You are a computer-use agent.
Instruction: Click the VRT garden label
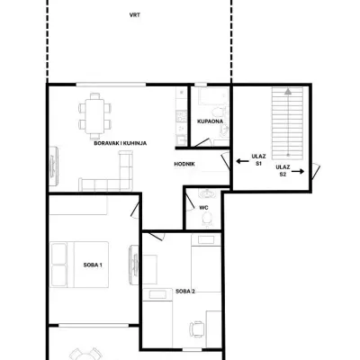coord(135,15)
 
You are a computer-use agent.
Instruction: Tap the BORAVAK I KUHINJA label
coord(121,143)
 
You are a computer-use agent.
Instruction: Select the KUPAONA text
coord(210,121)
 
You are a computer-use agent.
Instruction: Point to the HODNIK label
coord(184,164)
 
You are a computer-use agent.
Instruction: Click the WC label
coord(203,208)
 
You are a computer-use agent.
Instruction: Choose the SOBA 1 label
coord(93,265)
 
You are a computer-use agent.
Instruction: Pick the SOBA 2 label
coord(185,291)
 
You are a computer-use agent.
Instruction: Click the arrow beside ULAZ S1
coord(242,161)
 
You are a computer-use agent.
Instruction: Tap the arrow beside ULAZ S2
coord(298,172)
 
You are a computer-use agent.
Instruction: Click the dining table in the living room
coord(94,116)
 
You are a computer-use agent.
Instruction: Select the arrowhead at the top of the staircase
coord(288,92)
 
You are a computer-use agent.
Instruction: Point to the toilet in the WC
coord(207,218)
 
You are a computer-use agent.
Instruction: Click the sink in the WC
coord(207,193)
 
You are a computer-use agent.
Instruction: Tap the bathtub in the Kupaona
coord(213,96)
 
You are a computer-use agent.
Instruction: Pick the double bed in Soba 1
coord(80,265)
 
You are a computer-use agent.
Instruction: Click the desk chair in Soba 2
coord(196,329)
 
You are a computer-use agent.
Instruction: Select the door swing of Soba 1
coord(135,210)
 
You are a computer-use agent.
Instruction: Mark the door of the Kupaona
coord(201,143)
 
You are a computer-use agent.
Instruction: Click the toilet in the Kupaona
coord(219,112)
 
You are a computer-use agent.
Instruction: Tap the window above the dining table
coord(111,85)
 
